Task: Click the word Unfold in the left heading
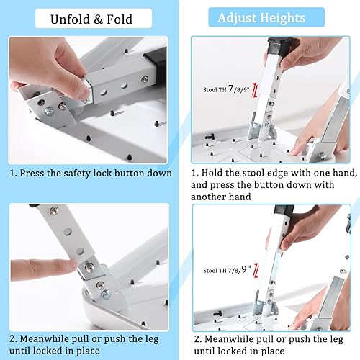pos(62,18)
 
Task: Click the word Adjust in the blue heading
pos(240,18)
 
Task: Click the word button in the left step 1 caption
pos(133,173)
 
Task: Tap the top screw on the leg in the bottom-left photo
pos(53,210)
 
